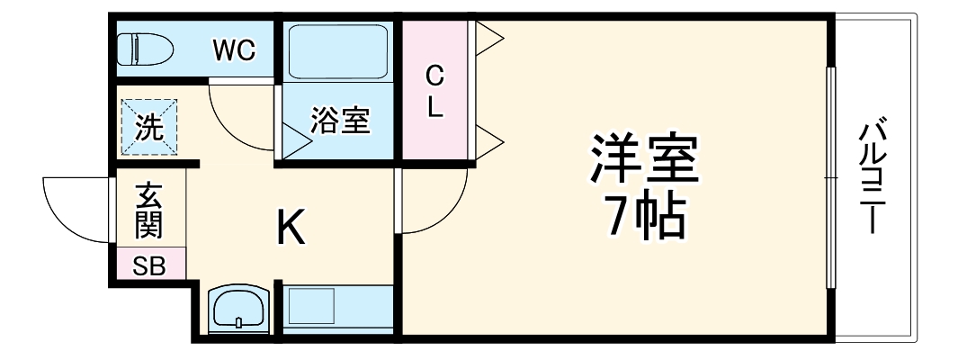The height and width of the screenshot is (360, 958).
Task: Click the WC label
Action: click(234, 50)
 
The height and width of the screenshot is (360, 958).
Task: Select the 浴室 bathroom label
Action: click(339, 121)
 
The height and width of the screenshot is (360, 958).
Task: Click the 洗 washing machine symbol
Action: click(148, 127)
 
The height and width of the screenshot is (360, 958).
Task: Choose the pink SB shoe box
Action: click(149, 265)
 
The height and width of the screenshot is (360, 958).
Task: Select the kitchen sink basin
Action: click(237, 310)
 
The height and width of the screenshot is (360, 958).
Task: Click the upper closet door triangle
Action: click(488, 38)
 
